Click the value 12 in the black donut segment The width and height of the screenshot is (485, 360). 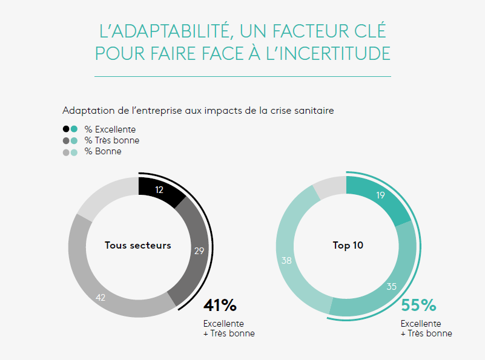tap(160, 190)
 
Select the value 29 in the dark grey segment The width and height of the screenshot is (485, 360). tap(199, 251)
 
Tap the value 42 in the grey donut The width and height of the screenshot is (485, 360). tap(102, 298)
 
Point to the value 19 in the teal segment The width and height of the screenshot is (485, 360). tap(380, 195)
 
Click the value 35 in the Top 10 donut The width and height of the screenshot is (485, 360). tap(391, 286)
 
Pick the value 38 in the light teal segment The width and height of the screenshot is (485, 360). tap(286, 261)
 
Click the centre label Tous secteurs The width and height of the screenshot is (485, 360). tap(138, 246)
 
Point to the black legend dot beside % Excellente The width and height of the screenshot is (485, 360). tap(66, 129)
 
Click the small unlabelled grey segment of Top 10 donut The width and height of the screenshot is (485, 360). tap(331, 186)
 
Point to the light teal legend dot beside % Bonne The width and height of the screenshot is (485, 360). tap(74, 151)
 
